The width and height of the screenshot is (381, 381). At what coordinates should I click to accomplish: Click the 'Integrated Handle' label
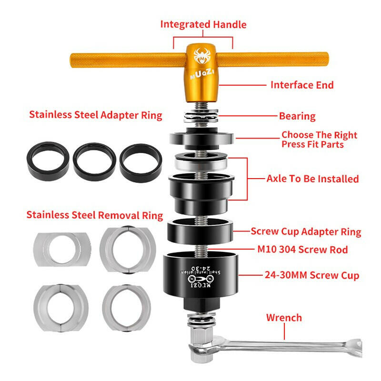203,24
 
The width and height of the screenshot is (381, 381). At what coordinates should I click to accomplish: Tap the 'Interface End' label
302,85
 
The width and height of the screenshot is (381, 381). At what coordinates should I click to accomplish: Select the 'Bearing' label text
297,116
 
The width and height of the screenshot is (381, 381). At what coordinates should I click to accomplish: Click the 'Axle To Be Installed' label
312,179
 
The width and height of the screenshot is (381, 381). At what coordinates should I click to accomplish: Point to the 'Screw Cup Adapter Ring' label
306,232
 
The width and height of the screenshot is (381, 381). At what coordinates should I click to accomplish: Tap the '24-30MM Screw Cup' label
312,275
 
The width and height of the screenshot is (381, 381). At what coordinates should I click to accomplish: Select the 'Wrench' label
284,317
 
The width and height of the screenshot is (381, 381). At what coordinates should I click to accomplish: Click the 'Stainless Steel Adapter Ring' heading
96,115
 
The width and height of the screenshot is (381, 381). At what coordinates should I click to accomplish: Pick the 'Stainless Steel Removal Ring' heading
95,215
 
